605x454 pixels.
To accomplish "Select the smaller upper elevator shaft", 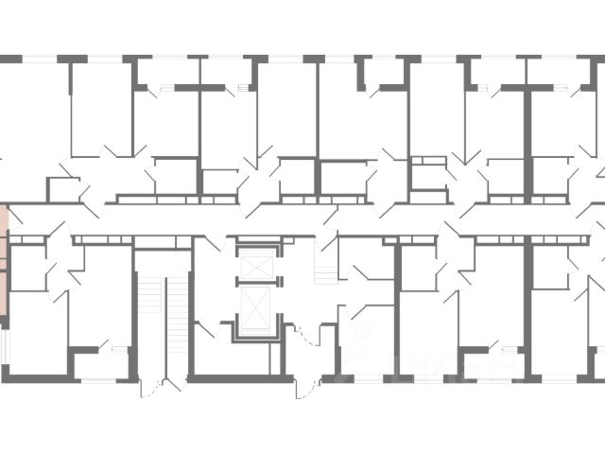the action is click(x=255, y=265).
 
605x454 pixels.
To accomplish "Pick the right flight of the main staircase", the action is click(x=177, y=322).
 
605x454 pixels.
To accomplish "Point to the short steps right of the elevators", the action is click(x=324, y=270).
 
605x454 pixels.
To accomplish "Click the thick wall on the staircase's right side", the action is click(x=191, y=312).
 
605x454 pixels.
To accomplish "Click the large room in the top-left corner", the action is click(x=33, y=113).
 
